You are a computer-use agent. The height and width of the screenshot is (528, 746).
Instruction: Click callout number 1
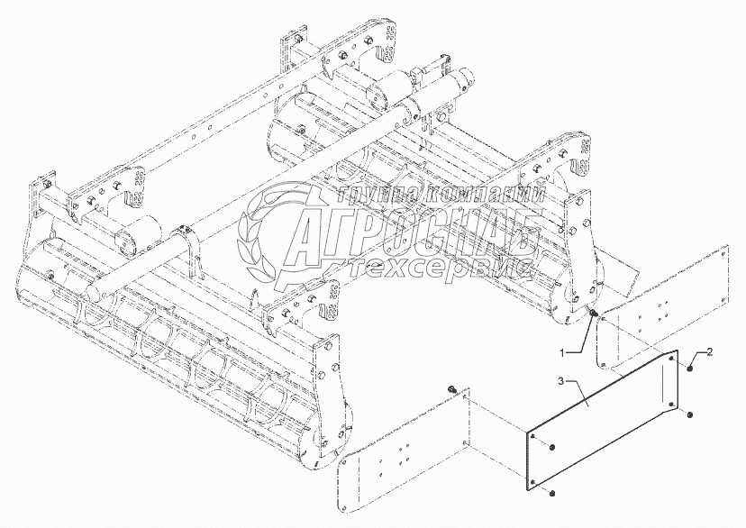(x=562, y=350)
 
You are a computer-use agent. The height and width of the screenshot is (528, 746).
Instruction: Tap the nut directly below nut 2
(x=688, y=415)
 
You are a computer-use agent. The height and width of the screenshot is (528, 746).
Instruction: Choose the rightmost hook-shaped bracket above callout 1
(x=573, y=162)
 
